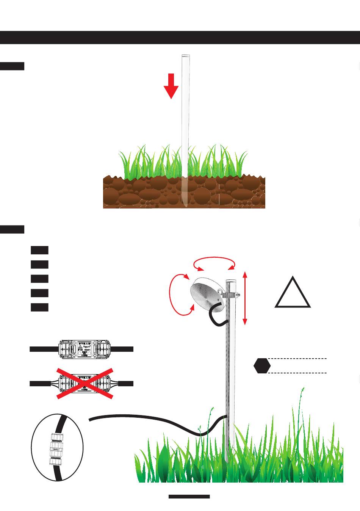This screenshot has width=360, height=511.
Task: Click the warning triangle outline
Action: pos(293,293)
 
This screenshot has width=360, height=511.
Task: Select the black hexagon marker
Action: pos(262,365)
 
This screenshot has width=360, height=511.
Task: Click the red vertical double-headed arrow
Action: pos(245,298)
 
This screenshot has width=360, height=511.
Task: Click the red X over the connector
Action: pos(85,383)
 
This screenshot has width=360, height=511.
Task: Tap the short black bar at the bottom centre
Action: pos(189,496)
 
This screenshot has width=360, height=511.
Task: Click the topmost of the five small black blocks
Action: pos(39,250)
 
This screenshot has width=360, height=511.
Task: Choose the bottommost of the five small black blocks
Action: pos(39,307)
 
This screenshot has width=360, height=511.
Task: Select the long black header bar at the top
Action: pos(180,38)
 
